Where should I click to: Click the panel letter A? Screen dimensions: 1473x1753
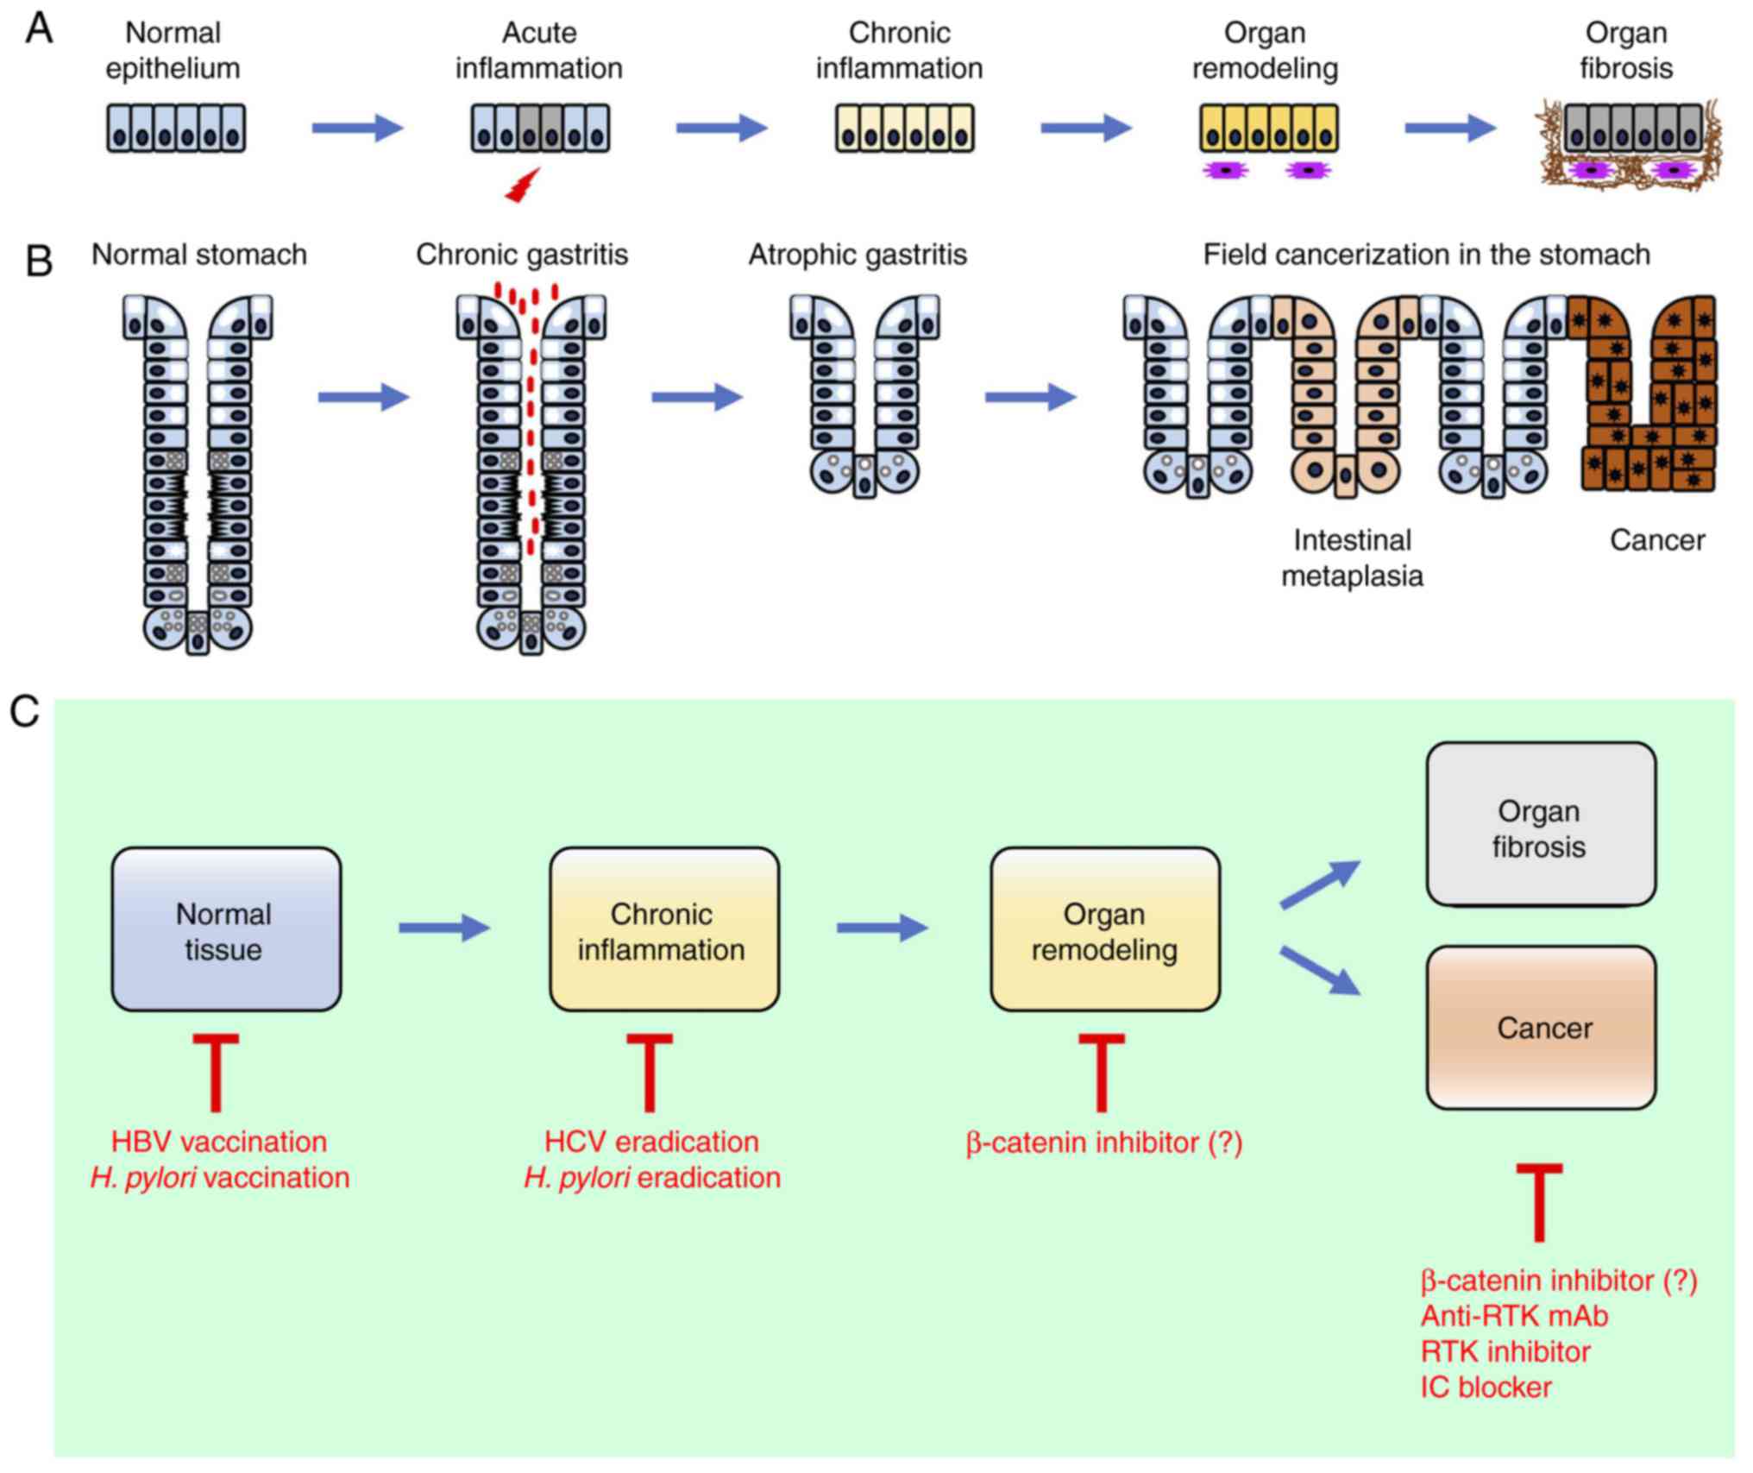click(x=40, y=29)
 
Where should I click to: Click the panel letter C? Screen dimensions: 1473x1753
click(x=24, y=713)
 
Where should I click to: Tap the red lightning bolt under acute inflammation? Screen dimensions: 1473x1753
click(x=523, y=186)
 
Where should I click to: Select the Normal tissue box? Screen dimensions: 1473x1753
click(x=226, y=929)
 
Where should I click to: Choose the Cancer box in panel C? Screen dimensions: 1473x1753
click(x=1541, y=1028)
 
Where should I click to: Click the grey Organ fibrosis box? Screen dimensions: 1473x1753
click(x=1541, y=825)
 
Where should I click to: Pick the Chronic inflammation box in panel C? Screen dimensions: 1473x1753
click(x=664, y=929)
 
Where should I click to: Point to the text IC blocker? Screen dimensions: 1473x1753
click(x=1486, y=1388)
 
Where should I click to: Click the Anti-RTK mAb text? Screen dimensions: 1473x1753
click(x=1514, y=1316)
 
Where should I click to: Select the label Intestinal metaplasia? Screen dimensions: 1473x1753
click(x=1352, y=557)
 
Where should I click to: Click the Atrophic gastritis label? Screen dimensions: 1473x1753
click(x=858, y=255)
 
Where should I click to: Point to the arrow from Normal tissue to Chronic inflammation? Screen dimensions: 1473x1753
click(x=444, y=928)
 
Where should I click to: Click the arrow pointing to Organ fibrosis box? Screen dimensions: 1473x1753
click(x=1320, y=884)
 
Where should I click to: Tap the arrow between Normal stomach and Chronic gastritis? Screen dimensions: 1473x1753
click(x=363, y=397)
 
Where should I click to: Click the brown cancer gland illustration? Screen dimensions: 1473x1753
click(x=1646, y=397)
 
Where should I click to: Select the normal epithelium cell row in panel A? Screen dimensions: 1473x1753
click(x=176, y=129)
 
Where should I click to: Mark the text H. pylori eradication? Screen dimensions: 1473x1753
click(x=652, y=1178)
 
